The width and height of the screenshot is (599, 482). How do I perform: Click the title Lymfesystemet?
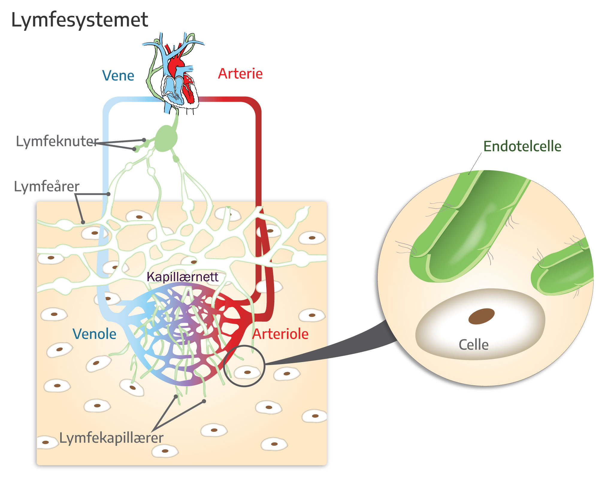pos(79,20)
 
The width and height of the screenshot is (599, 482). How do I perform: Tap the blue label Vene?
pos(118,75)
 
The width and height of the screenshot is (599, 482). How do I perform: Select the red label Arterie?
pos(240,74)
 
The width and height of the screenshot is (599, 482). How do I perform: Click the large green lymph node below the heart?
pos(165,138)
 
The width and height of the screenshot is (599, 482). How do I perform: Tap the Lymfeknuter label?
pos(57,141)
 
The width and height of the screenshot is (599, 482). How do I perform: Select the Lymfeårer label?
pos(47,187)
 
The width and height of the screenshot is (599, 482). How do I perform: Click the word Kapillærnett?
pos(182,277)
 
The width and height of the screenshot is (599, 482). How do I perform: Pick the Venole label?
pos(94,334)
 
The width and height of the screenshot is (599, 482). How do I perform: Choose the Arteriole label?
pos(280,334)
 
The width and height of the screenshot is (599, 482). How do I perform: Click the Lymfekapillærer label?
pos(111,438)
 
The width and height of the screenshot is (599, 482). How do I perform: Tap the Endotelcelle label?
pos(522,146)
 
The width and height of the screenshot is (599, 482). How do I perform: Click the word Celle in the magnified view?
pos(474,345)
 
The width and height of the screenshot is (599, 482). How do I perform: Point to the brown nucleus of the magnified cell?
pos(481,316)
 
